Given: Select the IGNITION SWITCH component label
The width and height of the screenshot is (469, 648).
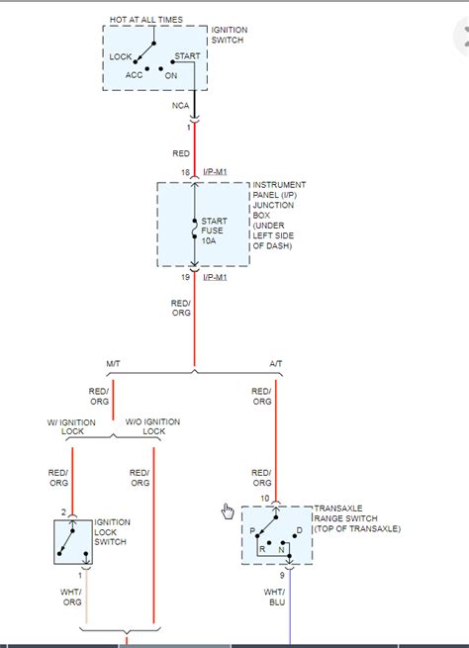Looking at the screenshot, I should pos(229,36).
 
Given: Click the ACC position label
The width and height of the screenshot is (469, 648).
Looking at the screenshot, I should pos(134,74).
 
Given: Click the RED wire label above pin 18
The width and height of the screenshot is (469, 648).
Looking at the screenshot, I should pos(180,154).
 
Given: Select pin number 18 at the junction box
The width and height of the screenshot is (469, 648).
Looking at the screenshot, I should pos(183,172).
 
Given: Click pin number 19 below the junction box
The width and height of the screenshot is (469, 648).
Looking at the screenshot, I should pos(183,278).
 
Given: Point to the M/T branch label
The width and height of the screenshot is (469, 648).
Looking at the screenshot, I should pos(113,364).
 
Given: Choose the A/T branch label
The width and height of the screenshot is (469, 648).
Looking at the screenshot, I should pos(274,364).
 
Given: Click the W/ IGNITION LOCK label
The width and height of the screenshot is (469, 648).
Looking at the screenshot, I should pos(72,427).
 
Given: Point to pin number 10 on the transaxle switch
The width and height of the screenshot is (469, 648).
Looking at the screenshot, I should pos(264,498).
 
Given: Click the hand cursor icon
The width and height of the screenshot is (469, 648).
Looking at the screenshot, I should pos(228,510).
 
